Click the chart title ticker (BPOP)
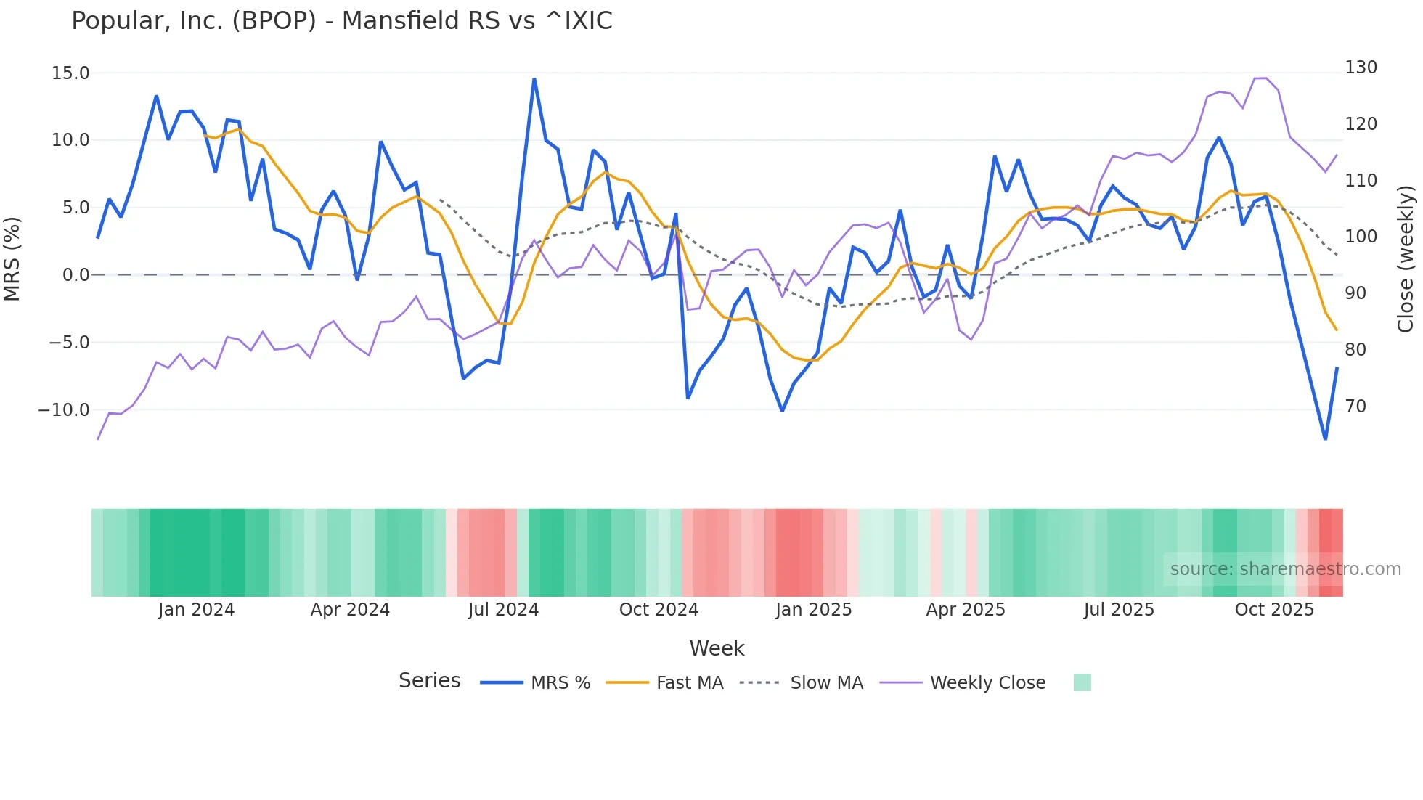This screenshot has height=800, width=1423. point(274,21)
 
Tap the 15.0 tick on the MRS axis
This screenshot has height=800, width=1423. point(70,73)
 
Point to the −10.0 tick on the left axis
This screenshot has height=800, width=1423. point(64,410)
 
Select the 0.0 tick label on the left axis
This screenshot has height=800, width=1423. point(76,275)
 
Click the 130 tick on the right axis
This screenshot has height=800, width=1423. point(1361,68)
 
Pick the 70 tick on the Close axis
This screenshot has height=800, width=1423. point(1355,407)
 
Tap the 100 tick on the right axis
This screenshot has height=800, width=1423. point(1361,237)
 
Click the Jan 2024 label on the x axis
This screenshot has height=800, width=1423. point(196,610)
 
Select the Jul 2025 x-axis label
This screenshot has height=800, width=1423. point(1119,610)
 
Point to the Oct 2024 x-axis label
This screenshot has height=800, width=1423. point(659,610)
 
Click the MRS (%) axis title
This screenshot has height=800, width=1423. point(12,259)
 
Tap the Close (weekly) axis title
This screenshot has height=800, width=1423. point(1406,259)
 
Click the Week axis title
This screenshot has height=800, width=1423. point(717,648)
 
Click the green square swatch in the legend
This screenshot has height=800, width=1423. point(1082,682)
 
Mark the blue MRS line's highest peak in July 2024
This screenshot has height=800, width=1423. point(534,79)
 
